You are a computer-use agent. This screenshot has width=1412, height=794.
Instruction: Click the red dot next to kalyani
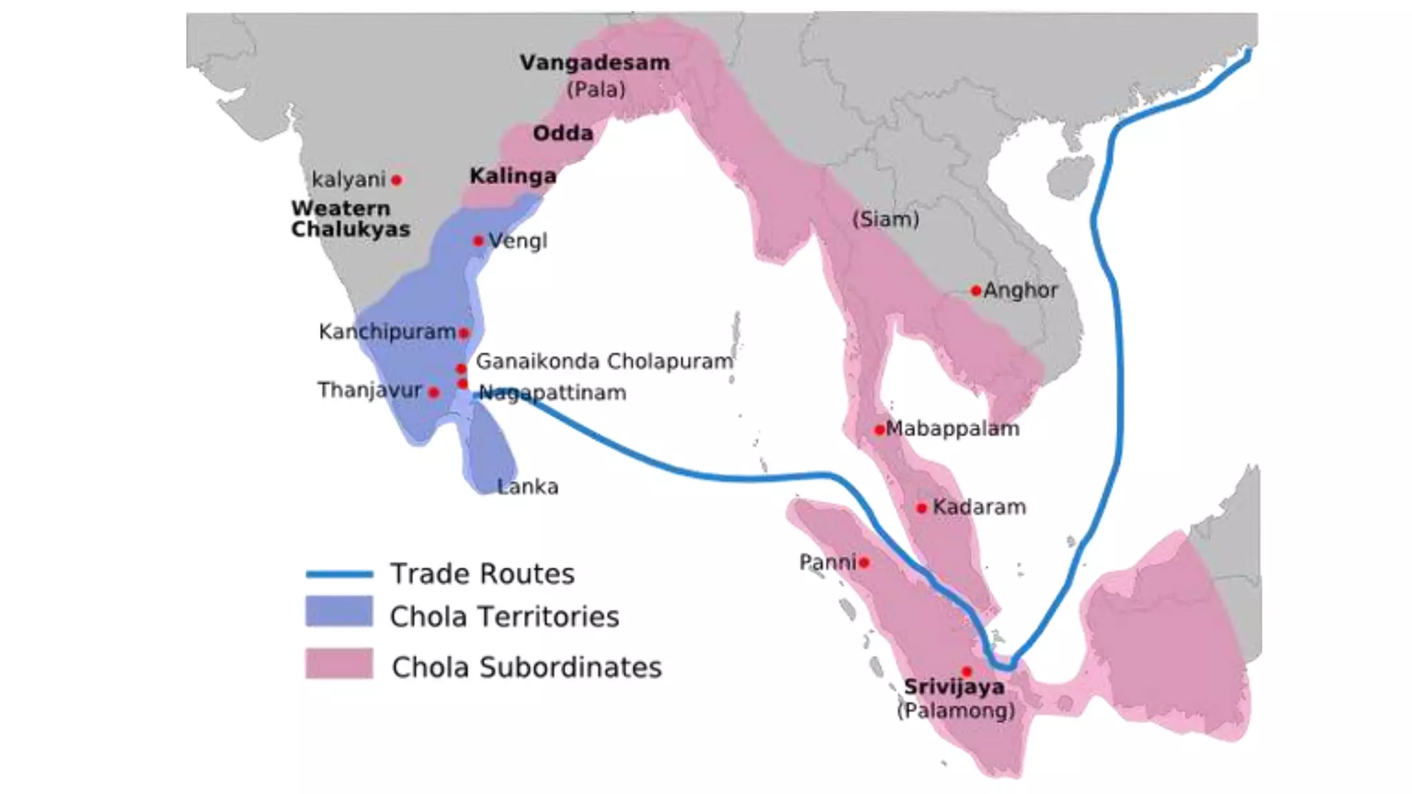tap(396, 180)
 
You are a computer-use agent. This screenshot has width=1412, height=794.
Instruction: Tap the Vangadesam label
tap(594, 63)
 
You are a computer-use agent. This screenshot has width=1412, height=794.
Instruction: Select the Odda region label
tap(563, 133)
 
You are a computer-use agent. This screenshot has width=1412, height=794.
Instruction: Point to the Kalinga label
tap(513, 176)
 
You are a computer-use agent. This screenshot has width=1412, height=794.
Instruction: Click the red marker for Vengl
tap(478, 241)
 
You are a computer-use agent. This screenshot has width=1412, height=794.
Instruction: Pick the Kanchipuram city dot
tap(464, 333)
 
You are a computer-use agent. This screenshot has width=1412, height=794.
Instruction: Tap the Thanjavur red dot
tap(434, 392)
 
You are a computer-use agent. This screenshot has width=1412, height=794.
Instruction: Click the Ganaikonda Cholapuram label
tap(604, 361)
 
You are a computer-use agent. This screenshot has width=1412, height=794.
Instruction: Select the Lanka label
tap(527, 487)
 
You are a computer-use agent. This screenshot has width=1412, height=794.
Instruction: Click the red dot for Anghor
tap(976, 291)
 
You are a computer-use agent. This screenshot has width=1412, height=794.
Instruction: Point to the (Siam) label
tap(885, 219)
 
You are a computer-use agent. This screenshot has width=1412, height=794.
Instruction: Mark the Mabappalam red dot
tap(879, 430)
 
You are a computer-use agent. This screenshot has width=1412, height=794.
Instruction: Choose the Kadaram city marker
tap(921, 508)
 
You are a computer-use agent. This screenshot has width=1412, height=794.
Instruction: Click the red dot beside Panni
tap(864, 562)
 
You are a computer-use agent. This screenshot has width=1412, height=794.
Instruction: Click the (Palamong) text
tap(956, 710)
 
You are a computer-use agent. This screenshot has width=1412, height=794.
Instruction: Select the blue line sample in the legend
tap(339, 573)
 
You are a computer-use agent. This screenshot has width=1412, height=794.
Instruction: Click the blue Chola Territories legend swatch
tap(339, 611)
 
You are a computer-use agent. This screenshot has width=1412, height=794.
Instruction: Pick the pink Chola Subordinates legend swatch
tap(339, 664)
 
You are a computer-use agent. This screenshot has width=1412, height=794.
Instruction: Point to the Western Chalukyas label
tap(350, 218)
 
